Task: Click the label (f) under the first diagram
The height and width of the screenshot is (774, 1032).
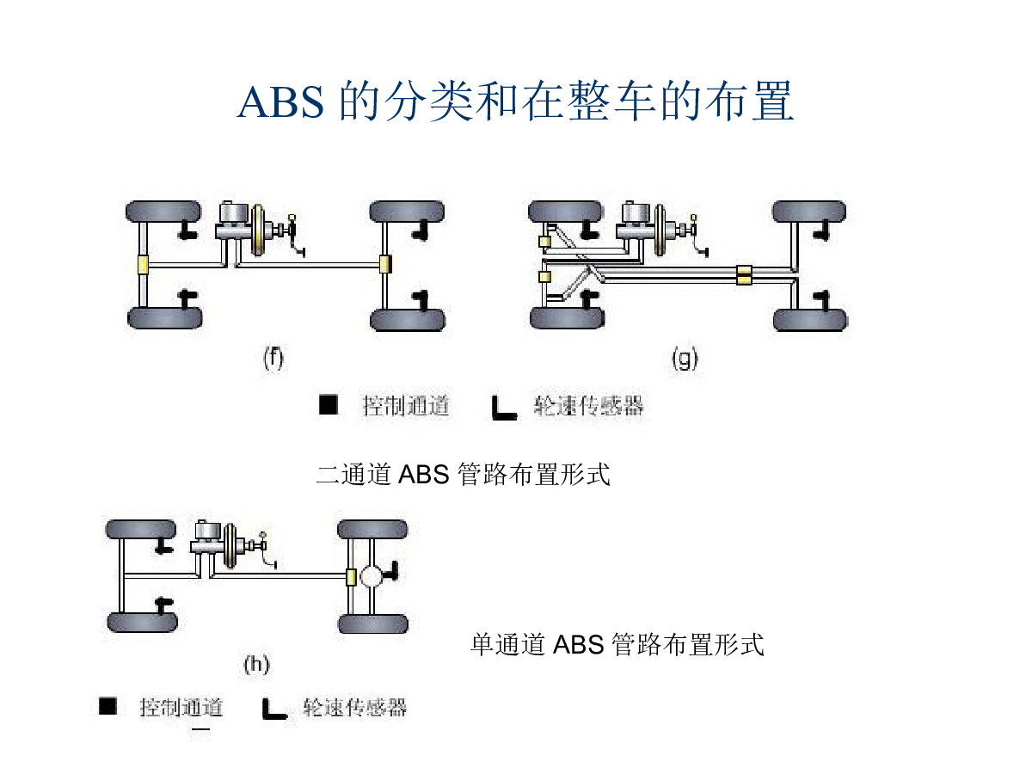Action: tap(273, 359)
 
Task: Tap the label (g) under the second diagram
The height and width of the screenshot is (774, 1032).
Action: tap(685, 359)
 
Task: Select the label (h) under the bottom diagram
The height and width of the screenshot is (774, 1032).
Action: tap(256, 665)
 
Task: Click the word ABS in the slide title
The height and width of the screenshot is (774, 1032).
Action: tap(280, 102)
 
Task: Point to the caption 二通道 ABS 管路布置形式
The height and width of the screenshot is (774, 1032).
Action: tap(463, 474)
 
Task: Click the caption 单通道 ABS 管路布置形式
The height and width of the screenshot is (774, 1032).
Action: tap(617, 644)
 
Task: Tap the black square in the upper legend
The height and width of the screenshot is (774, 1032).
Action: tap(329, 405)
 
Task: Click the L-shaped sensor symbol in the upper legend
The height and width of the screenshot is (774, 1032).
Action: tap(504, 408)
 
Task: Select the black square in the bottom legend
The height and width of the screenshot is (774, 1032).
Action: tap(107, 706)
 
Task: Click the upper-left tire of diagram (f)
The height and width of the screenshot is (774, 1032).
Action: tap(163, 212)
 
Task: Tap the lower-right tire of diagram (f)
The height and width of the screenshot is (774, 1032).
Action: tap(408, 320)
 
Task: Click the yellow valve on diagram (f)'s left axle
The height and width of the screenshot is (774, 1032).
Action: tap(143, 265)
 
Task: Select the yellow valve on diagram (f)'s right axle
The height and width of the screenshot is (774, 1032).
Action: tap(385, 264)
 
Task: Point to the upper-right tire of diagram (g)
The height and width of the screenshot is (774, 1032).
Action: tap(808, 212)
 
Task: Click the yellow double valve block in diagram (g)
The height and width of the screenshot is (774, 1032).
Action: tap(744, 275)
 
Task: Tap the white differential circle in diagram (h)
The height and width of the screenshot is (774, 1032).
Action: tap(372, 576)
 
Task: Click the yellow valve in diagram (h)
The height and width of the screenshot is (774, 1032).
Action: tap(351, 577)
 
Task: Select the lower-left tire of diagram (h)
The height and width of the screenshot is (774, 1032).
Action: tap(142, 622)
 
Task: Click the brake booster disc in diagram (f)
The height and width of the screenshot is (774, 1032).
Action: tap(258, 230)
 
